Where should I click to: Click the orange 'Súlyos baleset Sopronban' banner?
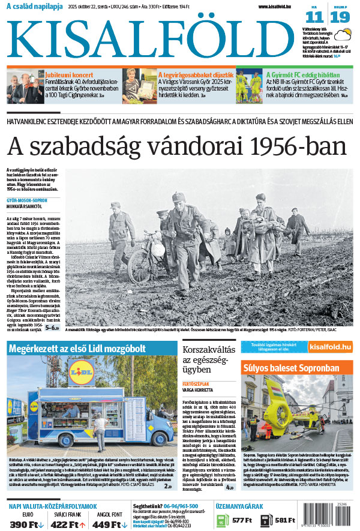pos(290,367)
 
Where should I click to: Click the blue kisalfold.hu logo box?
pos(329,347)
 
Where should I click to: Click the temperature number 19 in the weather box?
pos(339,18)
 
